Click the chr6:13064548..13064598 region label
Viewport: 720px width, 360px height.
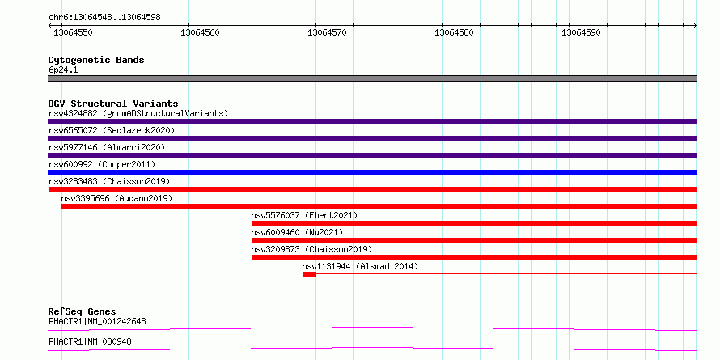click(x=104, y=18)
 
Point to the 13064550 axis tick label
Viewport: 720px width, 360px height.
click(x=74, y=32)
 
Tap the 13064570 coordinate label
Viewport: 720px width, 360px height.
click(x=327, y=32)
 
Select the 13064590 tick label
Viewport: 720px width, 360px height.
click(x=581, y=32)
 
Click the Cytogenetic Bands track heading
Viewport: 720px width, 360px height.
click(x=96, y=60)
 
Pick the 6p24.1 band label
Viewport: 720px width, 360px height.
click(x=63, y=70)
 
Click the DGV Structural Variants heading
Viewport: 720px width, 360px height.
click(x=113, y=104)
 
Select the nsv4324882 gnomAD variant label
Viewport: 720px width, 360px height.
click(x=138, y=113)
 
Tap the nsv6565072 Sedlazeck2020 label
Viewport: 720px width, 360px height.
click(x=112, y=130)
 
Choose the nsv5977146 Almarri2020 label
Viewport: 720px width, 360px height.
click(x=107, y=147)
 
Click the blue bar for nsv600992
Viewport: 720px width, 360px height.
click(x=372, y=172)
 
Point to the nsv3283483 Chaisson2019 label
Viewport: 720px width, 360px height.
click(x=109, y=181)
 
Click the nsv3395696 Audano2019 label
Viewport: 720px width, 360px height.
click(x=116, y=198)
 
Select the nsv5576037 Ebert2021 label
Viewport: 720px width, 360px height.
click(x=304, y=215)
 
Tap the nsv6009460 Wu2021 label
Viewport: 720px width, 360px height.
click(x=297, y=232)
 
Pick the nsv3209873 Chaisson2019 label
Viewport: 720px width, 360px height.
click(x=311, y=249)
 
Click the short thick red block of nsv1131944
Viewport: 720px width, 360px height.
click(x=309, y=274)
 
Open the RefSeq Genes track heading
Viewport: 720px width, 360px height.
click(x=83, y=312)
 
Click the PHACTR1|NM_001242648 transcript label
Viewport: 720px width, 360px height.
click(x=97, y=321)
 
